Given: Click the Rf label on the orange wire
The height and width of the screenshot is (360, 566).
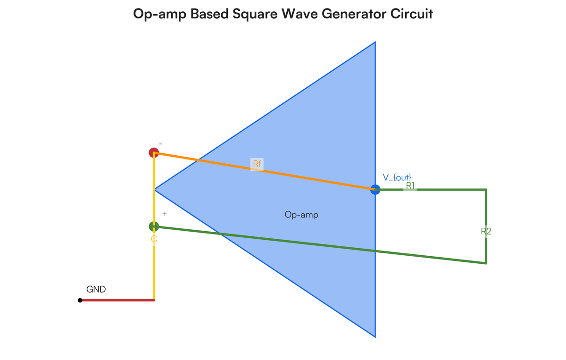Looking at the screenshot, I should pos(257,164).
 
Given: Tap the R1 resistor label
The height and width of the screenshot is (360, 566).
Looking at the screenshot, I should pos(410,186).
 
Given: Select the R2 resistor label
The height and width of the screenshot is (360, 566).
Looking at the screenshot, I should pos(486,231).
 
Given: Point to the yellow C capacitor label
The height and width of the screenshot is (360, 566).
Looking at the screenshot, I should pos(154,239).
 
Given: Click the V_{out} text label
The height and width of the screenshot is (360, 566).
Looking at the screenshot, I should pos(397,177).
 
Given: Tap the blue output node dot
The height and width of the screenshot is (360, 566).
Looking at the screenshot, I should pos(375,190).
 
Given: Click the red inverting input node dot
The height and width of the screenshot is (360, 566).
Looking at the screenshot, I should pos(154,152).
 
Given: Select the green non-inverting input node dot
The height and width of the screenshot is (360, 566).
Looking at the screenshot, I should pos(154,226).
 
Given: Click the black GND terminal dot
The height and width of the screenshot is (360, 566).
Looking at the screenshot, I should pos(80,300).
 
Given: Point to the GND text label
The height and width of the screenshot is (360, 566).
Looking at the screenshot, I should pos(96,289).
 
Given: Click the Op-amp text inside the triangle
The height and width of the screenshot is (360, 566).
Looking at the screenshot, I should pos(301,215).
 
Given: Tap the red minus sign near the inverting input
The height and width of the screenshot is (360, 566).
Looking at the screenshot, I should pos(161,143).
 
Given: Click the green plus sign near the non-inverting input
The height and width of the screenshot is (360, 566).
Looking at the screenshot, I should pos(165,214).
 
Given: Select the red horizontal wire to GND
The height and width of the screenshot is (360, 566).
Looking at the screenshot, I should pos(117,300).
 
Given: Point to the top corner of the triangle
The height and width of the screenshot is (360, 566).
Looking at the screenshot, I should pos(375,42).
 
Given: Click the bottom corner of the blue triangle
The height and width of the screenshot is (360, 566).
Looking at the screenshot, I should pos(375,336).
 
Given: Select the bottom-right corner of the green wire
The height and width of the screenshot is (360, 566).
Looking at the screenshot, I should pos(486,263).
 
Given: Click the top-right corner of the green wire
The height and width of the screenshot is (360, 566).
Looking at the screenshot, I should pos(486,190).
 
